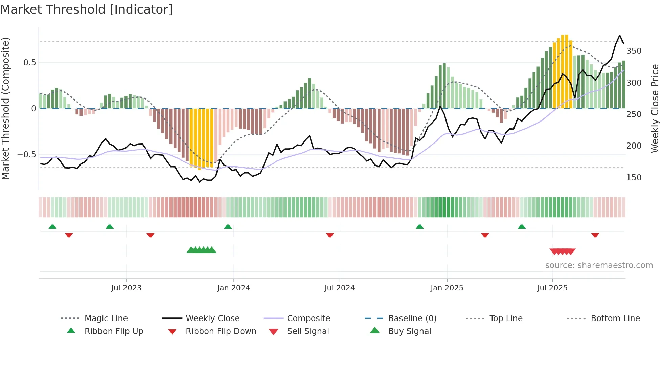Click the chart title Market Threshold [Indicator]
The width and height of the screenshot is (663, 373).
[87, 9]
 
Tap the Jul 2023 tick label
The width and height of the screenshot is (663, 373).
[126, 288]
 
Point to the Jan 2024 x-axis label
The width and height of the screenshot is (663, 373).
[233, 288]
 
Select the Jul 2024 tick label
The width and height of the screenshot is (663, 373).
[340, 288]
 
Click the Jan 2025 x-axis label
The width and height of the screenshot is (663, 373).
[447, 288]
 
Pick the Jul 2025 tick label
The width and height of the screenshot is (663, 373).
[552, 288]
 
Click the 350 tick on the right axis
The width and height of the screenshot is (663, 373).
[634, 51]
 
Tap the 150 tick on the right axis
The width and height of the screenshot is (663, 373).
[634, 178]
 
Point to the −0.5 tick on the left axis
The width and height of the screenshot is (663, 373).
[26, 155]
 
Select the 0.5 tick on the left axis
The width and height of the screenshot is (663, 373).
[29, 63]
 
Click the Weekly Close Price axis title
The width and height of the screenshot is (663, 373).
[655, 108]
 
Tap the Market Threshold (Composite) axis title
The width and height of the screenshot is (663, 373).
[5, 108]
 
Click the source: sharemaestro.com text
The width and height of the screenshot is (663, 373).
[599, 265]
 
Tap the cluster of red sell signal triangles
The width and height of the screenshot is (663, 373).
[562, 251]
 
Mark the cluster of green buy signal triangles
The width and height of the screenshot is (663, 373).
[201, 250]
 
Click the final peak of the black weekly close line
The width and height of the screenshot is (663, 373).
[620, 36]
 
